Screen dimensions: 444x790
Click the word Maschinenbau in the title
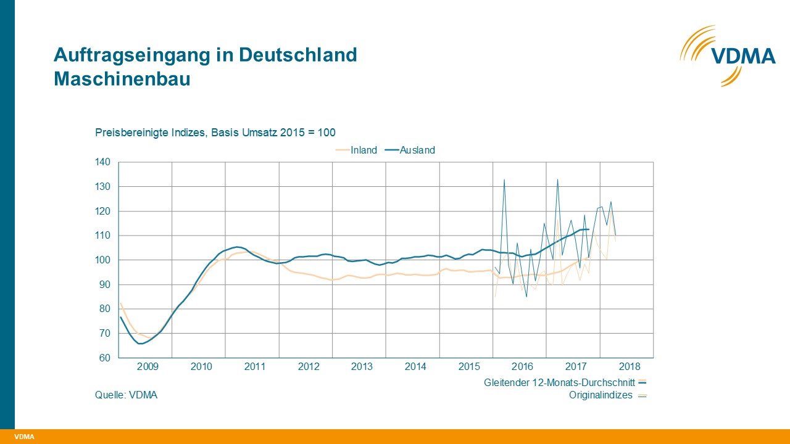pos(122,79)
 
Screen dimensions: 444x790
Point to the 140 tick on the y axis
pos(102,162)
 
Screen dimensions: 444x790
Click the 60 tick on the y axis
pos(104,358)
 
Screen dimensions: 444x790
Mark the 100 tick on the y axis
pos(102,260)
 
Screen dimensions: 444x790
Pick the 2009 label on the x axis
pos(148,366)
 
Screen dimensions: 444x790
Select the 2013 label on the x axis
pos(362,366)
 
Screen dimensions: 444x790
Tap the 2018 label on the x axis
pos(629,366)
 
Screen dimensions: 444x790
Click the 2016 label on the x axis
pos(522,366)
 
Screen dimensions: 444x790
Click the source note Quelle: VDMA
pos(126,395)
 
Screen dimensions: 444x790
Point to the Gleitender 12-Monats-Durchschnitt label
pos(559,382)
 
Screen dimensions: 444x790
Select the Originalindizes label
pos(601,395)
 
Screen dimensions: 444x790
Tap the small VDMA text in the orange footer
pos(24,437)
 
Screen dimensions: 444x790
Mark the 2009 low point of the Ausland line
pos(140,343)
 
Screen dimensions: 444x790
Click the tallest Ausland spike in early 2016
pos(504,179)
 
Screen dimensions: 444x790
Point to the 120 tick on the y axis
pos(102,211)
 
